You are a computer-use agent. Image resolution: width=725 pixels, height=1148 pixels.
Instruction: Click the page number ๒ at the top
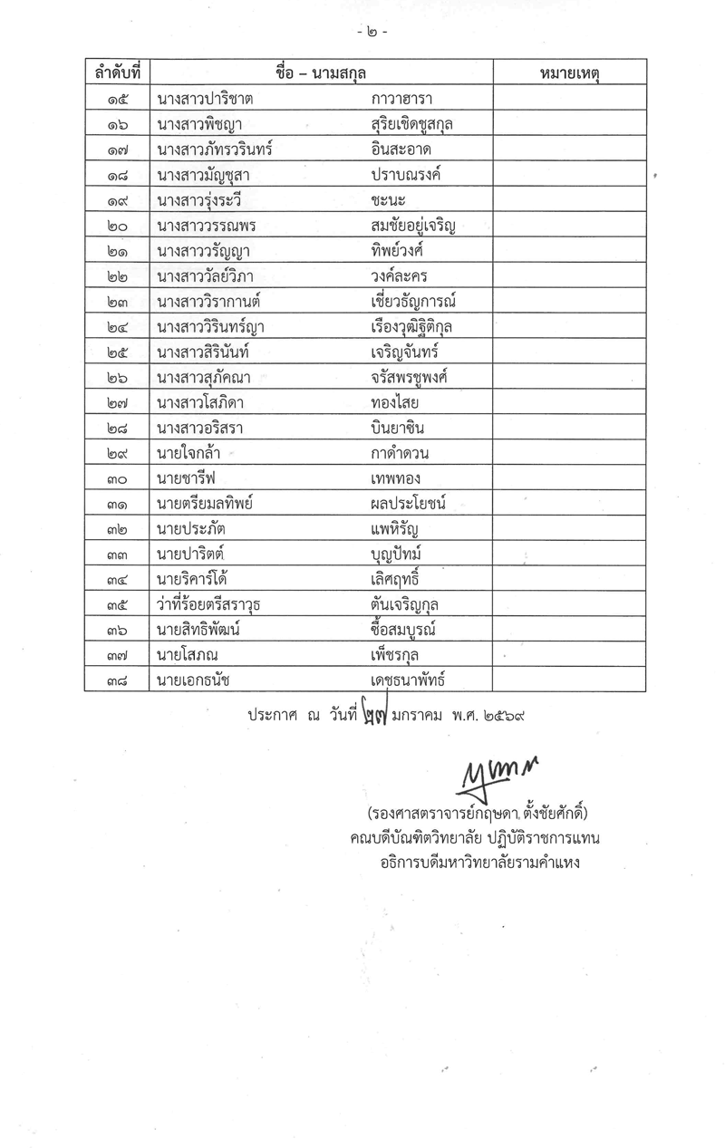click(x=372, y=32)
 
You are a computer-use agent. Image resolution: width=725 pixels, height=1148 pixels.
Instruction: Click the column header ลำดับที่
click(x=117, y=72)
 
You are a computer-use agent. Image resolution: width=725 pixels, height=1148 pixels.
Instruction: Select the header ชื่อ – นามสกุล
click(x=322, y=72)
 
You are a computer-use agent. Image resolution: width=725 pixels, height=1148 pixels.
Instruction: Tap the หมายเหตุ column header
click(x=569, y=72)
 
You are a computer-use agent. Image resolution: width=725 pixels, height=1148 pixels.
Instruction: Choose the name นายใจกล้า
click(x=188, y=453)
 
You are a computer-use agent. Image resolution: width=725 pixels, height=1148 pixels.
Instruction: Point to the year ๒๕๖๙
click(x=502, y=715)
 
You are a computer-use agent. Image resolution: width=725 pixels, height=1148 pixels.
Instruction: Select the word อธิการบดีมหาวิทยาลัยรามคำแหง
click(x=480, y=863)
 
